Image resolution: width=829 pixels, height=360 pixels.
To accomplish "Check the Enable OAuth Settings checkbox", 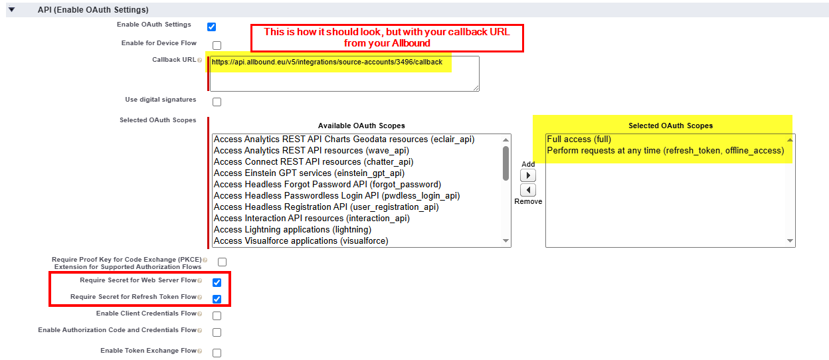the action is (212, 27).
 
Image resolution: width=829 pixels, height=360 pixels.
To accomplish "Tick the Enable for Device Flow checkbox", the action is (217, 46).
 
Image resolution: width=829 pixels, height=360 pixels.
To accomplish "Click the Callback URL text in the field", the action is (327, 62).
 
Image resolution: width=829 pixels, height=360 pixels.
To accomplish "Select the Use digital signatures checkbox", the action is (217, 102).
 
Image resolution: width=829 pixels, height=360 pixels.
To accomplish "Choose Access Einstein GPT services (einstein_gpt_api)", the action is (309, 173).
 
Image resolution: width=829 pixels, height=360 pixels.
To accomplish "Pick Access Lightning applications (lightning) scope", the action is (292, 230).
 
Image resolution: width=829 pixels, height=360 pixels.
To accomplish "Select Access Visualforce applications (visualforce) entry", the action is (301, 241).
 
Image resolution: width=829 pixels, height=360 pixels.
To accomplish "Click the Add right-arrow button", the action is (528, 175).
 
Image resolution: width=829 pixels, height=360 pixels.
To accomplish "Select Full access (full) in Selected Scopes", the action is (579, 139).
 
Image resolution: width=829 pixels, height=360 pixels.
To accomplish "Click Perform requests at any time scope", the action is (666, 151).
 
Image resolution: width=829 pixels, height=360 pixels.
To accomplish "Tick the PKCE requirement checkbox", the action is (222, 262).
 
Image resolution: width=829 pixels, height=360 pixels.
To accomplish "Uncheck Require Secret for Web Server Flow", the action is (217, 283).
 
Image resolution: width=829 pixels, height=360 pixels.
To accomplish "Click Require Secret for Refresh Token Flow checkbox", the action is (217, 299).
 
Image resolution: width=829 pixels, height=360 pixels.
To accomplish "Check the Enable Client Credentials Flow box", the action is (217, 316).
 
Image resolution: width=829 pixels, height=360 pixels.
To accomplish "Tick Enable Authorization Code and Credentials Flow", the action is (217, 333).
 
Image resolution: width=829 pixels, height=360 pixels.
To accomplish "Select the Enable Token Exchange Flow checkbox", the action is (217, 353).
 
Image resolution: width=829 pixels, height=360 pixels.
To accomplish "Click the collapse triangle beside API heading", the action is (12, 9).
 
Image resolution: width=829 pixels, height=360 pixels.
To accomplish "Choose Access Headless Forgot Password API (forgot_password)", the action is (327, 185).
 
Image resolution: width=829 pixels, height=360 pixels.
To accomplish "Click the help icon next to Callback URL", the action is (200, 60).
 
